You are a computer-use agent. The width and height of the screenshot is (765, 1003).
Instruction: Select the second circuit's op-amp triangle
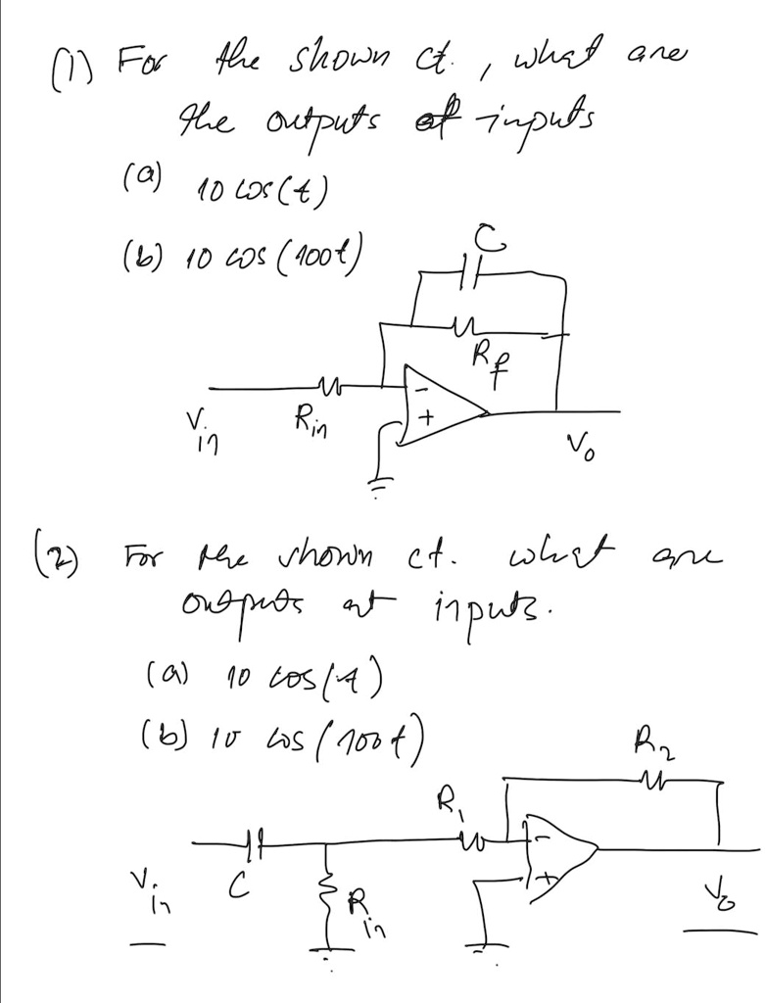point(559,850)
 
